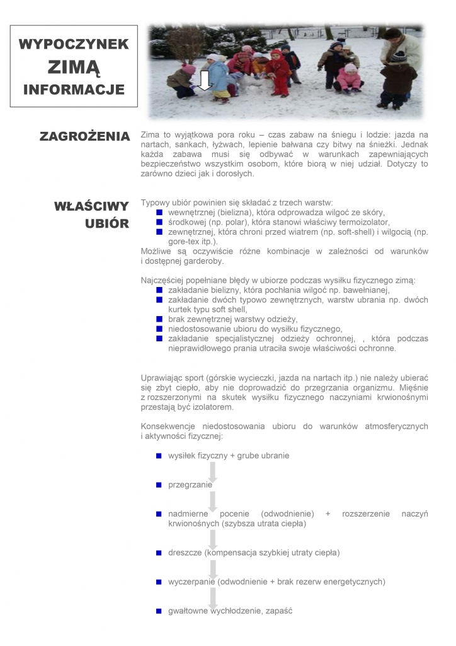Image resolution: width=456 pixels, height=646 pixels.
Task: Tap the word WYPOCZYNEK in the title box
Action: click(x=74, y=44)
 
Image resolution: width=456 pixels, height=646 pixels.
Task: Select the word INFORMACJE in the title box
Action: click(x=74, y=90)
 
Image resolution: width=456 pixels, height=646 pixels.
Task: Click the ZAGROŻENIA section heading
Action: click(x=84, y=136)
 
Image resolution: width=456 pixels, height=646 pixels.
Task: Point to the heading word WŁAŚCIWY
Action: click(x=91, y=206)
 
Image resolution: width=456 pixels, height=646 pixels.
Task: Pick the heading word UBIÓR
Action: click(x=107, y=224)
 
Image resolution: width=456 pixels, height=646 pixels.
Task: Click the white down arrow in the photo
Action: click(x=204, y=81)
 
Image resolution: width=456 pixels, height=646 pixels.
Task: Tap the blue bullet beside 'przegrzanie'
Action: click(x=159, y=485)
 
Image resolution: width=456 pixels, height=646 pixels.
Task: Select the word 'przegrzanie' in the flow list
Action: click(x=190, y=485)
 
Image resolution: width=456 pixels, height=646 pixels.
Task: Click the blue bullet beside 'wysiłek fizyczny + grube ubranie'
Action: click(x=159, y=455)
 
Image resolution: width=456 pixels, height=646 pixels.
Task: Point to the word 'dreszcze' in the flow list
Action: click(x=184, y=553)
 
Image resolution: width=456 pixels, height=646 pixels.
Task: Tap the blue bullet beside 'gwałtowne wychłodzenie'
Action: click(x=159, y=611)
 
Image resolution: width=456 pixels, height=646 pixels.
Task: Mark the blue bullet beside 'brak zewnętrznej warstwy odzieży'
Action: click(x=159, y=319)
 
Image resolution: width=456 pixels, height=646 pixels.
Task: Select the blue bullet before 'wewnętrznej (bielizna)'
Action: click(x=159, y=213)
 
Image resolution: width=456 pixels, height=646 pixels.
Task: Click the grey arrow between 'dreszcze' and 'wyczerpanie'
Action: click(x=213, y=568)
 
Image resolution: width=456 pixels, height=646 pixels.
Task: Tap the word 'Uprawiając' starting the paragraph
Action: click(x=162, y=379)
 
